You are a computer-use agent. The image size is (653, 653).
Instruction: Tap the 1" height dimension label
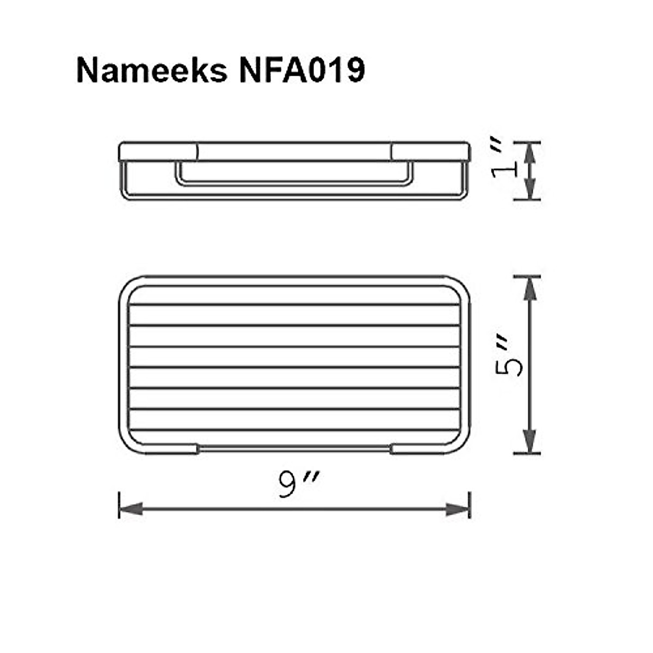(502, 159)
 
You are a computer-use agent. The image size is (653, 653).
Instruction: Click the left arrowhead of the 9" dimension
(131, 509)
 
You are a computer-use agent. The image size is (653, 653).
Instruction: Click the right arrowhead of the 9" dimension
(458, 509)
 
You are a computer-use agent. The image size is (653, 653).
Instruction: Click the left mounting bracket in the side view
(158, 152)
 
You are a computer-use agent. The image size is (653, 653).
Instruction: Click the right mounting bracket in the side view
(430, 152)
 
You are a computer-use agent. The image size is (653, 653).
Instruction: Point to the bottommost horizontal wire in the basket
(294, 430)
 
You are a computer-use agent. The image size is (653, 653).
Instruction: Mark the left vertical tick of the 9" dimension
(119, 505)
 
